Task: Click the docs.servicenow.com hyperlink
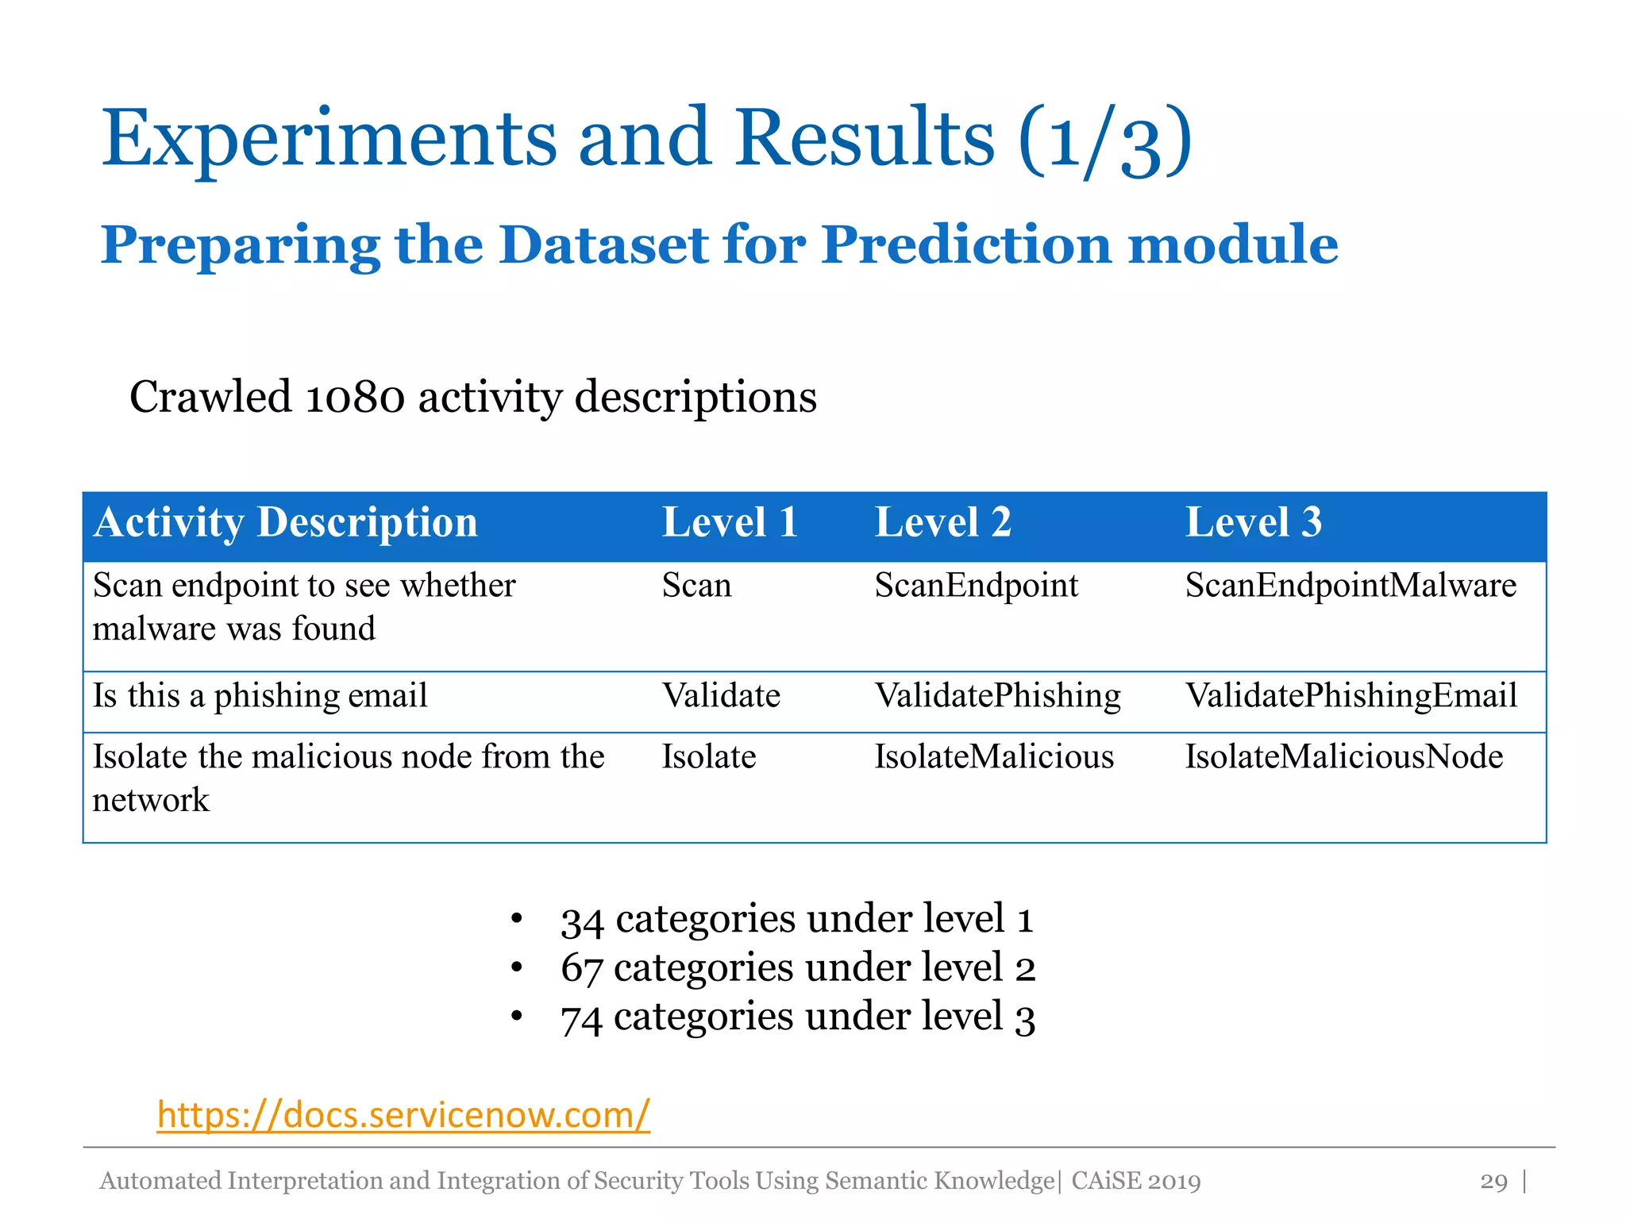tap(403, 1114)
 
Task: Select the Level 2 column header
tap(942, 522)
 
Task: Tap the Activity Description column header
tap(285, 522)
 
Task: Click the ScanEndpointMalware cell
tap(1351, 586)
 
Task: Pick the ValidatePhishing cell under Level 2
tap(997, 696)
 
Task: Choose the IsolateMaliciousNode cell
tap(1343, 756)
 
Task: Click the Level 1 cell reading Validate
tap(721, 696)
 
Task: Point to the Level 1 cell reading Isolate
tap(709, 756)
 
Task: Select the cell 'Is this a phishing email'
tap(260, 696)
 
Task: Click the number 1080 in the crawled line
tap(354, 397)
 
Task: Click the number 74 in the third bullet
tap(582, 1018)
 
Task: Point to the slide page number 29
tap(1493, 1181)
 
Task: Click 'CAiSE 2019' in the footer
tap(1135, 1181)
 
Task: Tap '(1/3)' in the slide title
tap(1105, 141)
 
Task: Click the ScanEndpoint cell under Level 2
tap(976, 586)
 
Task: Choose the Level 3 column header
tap(1253, 522)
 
